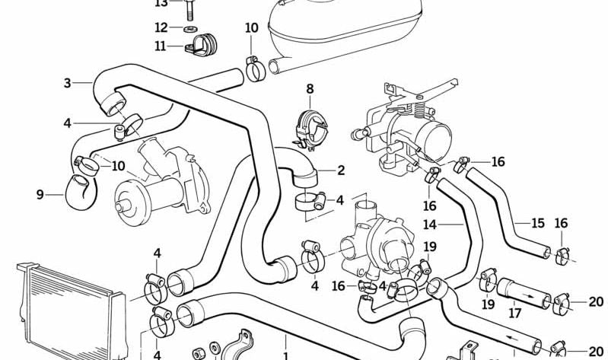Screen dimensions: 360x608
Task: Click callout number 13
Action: (x=161, y=3)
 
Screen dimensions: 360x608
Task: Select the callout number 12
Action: (x=161, y=27)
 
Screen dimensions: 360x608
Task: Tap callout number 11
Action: (x=160, y=46)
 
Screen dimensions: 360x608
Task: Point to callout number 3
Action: (x=68, y=83)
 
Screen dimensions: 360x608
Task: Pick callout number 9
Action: (x=40, y=195)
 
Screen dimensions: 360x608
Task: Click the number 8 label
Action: (x=310, y=91)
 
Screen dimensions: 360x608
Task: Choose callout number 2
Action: (x=341, y=170)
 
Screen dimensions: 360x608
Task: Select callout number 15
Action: (x=538, y=224)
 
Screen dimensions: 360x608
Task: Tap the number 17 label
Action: (x=514, y=312)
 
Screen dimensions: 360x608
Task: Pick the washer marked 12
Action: (x=187, y=28)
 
